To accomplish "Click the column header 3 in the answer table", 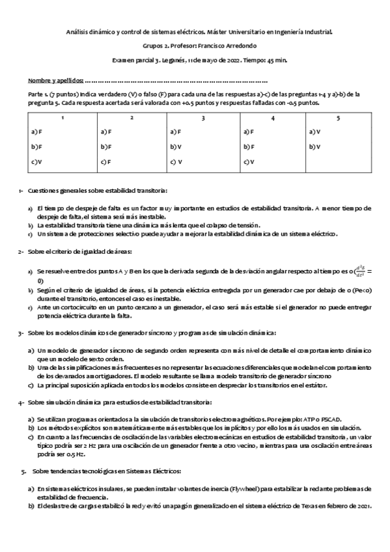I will (203, 118).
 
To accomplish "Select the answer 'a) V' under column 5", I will (316, 132).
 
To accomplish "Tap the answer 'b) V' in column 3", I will (175, 147).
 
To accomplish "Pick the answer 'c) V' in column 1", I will (36, 161).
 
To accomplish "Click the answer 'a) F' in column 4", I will (247, 132).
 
